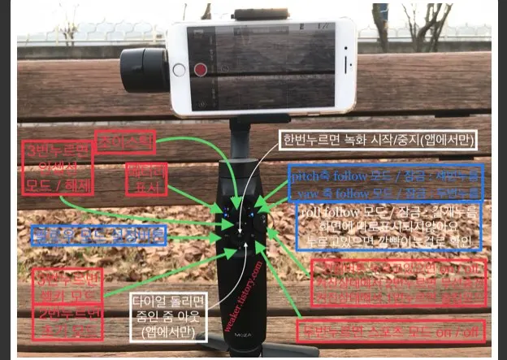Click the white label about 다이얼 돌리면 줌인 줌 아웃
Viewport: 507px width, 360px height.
click(x=168, y=315)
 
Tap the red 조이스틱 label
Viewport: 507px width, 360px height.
click(x=125, y=142)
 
